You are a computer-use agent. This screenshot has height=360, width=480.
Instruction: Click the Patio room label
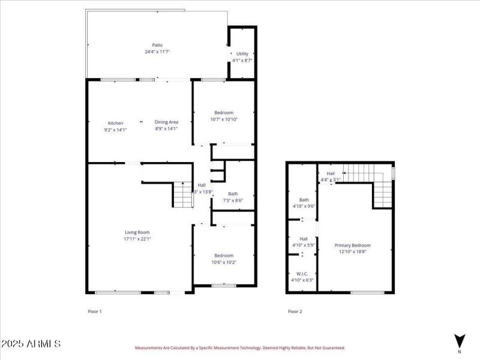tap(157, 45)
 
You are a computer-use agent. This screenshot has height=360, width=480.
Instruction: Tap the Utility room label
tap(242, 54)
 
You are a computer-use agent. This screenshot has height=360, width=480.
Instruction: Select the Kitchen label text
tap(115, 123)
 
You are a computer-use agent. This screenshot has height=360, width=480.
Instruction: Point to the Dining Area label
tap(166, 122)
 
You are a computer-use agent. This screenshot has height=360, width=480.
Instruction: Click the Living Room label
tap(137, 232)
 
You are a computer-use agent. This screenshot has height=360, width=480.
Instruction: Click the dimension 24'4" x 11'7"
tap(157, 52)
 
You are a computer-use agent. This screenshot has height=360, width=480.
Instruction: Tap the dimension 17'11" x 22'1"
tap(137, 239)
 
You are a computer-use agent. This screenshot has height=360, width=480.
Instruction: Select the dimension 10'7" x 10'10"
tap(224, 119)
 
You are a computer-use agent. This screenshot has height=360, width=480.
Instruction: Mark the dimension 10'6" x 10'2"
tap(224, 262)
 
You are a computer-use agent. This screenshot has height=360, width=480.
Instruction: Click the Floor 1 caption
tap(95, 311)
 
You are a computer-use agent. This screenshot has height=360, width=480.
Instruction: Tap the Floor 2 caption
tap(295, 311)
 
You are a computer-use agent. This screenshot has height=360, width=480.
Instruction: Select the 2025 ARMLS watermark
tap(31, 344)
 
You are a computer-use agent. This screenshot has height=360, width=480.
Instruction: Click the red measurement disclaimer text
tap(239, 347)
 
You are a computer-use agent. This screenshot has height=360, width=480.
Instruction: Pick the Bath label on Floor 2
tap(304, 200)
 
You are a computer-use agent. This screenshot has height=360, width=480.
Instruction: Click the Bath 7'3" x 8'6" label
tap(233, 197)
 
